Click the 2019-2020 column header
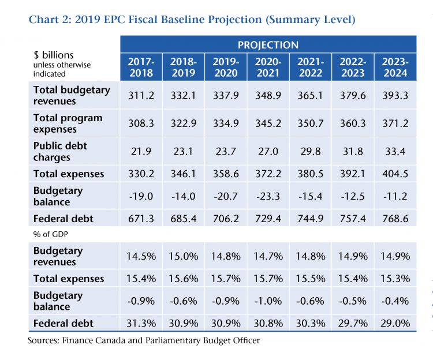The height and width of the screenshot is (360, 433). coord(226,67)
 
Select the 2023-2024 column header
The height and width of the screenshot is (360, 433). coord(395,67)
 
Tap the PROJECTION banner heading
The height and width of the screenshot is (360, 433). coord(268,45)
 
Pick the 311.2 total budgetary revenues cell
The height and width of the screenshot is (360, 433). coord(141,95)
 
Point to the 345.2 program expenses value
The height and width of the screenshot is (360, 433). coord(268,123)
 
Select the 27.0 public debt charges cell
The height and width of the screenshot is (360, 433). coord(268,152)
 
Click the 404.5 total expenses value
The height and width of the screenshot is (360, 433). coord(395,174)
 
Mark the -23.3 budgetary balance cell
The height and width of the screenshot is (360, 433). coord(268,196)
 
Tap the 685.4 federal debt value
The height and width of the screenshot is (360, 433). coord(184,219)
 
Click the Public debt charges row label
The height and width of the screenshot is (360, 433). coord(61,152)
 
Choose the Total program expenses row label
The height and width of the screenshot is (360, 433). coord(68,123)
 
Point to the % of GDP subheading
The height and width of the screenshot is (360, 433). coord(51,234)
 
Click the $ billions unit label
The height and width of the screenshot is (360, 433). coord(54,55)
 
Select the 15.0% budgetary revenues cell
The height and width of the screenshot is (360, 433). coord(184,256)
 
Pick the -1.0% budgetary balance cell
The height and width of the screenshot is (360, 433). coord(268,301)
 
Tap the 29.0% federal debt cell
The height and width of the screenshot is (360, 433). coord(395,323)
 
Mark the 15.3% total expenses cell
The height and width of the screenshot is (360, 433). coord(395,279)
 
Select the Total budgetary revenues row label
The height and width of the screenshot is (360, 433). coord(72,95)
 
